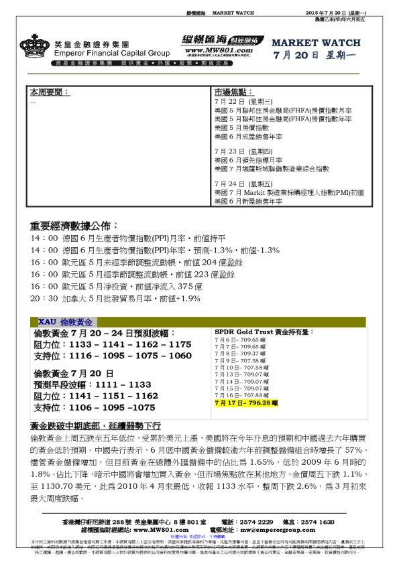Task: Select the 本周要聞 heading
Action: [50, 92]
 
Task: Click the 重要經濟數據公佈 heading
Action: [74, 225]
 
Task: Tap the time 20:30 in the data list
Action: [44, 298]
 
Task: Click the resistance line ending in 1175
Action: [112, 344]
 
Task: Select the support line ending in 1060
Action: [112, 356]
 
